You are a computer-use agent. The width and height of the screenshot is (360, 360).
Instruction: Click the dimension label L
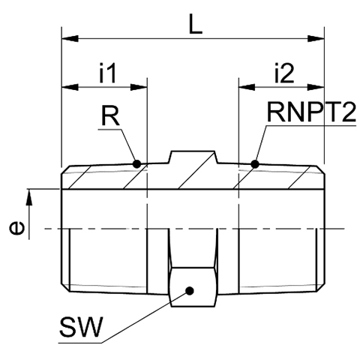coord(195,24)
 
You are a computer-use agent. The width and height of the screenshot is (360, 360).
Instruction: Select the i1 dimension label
coord(108,73)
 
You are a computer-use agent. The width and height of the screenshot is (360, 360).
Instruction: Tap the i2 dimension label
coord(284,73)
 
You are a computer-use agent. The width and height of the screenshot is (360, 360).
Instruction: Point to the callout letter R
coord(110,115)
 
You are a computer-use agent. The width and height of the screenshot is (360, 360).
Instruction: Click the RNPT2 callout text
coord(311,112)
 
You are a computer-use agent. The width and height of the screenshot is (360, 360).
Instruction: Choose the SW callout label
coord(81,327)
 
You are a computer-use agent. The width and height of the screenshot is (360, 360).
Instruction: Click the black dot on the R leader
coord(136,164)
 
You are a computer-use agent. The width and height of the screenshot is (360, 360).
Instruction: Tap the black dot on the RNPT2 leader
coord(255,164)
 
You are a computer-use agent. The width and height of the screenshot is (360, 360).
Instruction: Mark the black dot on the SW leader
coord(190,291)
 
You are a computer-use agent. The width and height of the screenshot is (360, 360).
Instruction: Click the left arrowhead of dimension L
coord(70,39)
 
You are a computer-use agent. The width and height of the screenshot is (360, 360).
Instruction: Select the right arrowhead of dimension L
coord(316,39)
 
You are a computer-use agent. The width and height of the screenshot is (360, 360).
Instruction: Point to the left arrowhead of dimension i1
coord(70,87)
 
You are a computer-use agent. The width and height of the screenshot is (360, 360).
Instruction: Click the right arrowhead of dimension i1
coord(139,87)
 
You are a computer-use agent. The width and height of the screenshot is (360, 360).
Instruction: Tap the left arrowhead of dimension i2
coord(247,87)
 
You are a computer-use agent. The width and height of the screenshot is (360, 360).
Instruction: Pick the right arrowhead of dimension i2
coord(316,87)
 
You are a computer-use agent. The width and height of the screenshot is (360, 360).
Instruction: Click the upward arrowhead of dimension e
coord(29,197)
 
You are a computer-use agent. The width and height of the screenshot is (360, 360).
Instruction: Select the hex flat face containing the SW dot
coord(193,287)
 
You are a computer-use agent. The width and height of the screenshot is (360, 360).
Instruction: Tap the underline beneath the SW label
coord(80,343)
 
